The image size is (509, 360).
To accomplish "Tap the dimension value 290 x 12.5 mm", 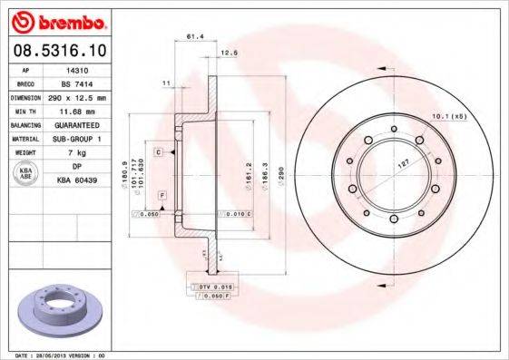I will tap(78, 96).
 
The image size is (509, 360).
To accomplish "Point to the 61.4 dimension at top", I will tap(193, 36).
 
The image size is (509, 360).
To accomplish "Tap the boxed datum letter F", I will tap(162, 195).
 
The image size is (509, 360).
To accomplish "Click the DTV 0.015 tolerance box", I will tap(211, 286).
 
